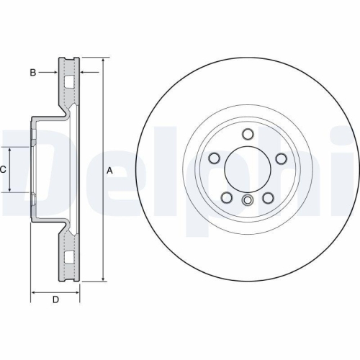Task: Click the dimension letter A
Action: (109, 171)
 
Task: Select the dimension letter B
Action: (32, 72)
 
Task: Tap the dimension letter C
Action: (4, 170)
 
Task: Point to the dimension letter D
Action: (55, 300)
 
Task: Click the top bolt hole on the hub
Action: (247, 134)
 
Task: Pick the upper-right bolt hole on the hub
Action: (282, 159)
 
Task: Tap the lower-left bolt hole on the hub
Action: (226, 198)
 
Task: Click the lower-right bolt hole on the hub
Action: (269, 198)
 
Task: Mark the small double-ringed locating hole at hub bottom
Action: (247, 201)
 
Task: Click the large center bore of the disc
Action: (247, 170)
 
